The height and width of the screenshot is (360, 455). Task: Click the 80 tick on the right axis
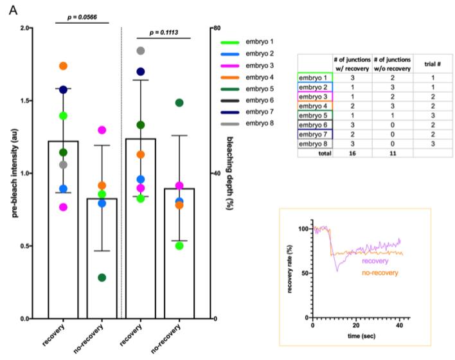219,28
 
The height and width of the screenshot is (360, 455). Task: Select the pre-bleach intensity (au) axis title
13,174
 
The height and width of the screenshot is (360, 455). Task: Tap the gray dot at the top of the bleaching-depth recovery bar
141,51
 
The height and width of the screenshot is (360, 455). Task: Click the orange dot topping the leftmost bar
63,66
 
